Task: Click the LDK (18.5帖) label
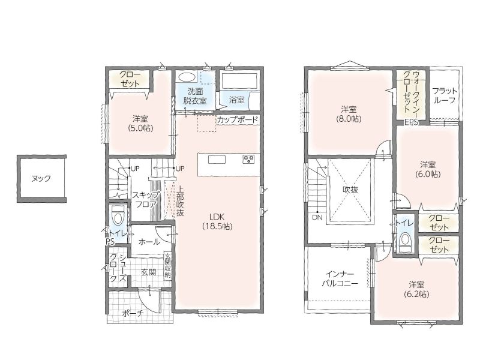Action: click(217, 221)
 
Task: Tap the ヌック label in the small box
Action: click(41, 178)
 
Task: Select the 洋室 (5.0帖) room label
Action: click(140, 123)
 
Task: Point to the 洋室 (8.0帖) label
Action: click(349, 114)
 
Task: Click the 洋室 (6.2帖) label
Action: click(416, 289)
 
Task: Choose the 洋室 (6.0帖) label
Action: click(428, 169)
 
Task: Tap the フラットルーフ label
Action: click(445, 95)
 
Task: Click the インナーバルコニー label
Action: click(340, 278)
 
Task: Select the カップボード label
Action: click(238, 119)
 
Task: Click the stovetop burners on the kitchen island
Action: click(248, 159)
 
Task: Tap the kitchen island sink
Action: click(217, 160)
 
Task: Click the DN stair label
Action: click(317, 217)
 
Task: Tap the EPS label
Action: click(411, 122)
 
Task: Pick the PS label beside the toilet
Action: click(110, 242)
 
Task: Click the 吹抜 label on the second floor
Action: click(350, 190)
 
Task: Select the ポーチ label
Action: click(133, 313)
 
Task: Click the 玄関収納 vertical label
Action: click(167, 265)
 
